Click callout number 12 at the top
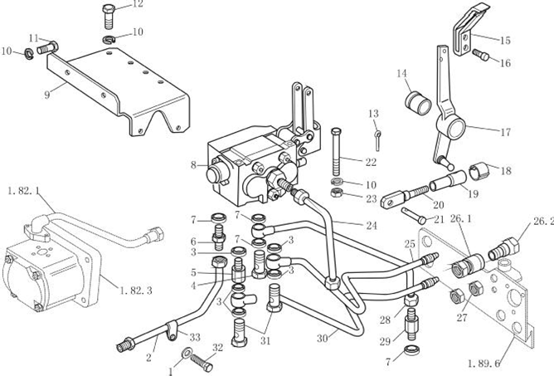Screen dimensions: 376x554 point(137,4)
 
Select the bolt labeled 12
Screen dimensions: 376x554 point(109,14)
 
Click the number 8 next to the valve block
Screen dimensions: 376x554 point(193,164)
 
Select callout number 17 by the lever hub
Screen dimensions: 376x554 point(504,131)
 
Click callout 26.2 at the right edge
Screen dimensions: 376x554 point(543,222)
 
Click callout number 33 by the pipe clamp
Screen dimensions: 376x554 point(196,336)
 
